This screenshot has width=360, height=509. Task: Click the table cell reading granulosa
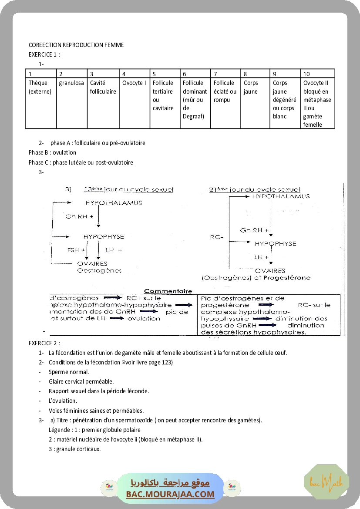point(71,83)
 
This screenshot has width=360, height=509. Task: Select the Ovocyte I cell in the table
point(134,83)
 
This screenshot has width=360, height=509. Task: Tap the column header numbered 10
point(307,74)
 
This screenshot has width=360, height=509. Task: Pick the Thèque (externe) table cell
point(40,87)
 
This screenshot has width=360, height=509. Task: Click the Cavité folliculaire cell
point(103,87)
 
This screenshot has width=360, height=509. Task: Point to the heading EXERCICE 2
point(44,343)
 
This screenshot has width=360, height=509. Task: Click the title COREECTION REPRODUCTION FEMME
point(76,45)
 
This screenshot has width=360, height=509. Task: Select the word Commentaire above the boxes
point(168,291)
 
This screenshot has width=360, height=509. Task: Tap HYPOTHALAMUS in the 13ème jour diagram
point(113,203)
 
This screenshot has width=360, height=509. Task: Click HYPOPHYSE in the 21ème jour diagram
point(275,243)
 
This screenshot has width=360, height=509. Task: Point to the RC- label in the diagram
point(216,237)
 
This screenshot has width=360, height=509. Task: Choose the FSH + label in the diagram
point(76,250)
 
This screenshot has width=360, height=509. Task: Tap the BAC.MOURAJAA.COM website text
point(170,494)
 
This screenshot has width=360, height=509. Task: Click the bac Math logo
point(326,482)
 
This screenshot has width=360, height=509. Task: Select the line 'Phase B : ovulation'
point(52,152)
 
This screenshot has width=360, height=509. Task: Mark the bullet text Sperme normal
point(69,372)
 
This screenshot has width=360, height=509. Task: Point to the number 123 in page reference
point(166,362)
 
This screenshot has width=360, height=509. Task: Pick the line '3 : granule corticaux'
point(74,449)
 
